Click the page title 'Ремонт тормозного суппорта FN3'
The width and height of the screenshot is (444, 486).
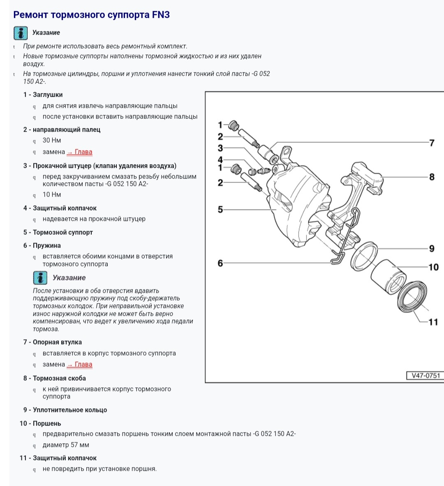click(x=91, y=15)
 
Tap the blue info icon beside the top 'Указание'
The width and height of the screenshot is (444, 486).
click(x=21, y=33)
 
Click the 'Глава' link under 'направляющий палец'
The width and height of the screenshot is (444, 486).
click(x=80, y=152)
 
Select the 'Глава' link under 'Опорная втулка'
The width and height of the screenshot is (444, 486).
click(x=80, y=364)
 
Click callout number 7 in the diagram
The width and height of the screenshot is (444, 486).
click(x=432, y=143)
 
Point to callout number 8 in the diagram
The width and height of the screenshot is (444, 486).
click(x=432, y=177)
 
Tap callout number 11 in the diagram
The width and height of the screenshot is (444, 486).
click(x=433, y=322)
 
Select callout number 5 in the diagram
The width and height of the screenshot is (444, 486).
click(x=220, y=210)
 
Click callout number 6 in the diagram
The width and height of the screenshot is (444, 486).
click(x=220, y=263)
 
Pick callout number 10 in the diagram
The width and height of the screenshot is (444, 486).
click(x=433, y=267)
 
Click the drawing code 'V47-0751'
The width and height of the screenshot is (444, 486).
click(x=425, y=375)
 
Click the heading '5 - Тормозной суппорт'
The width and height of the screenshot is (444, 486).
click(x=58, y=232)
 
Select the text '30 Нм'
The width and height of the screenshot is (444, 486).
click(x=52, y=141)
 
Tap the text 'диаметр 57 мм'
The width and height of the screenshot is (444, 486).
click(x=66, y=445)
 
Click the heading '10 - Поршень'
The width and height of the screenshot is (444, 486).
click(x=40, y=424)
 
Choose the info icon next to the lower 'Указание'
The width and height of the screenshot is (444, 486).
click(x=40, y=278)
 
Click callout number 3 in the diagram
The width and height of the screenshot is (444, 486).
click(x=220, y=148)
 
